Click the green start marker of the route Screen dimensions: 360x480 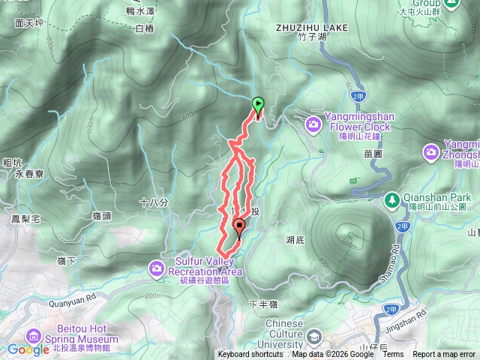[x=259, y=105]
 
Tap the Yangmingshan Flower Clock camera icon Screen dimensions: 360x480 [x=314, y=121]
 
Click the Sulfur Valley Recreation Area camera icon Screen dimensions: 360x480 [x=156, y=267]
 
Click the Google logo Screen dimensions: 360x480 [x=28, y=349]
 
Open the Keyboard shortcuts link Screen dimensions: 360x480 [x=251, y=355]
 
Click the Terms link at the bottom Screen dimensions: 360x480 [x=393, y=355]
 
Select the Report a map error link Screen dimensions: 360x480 [x=444, y=355]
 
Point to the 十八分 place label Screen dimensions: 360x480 [x=154, y=202]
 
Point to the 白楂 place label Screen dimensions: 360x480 [x=144, y=28]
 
